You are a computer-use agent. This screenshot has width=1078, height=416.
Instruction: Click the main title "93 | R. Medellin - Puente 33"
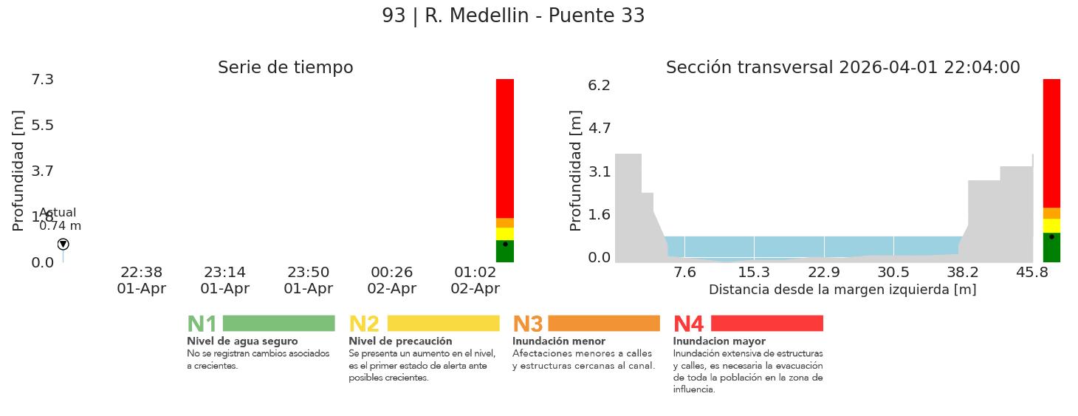coord(513,16)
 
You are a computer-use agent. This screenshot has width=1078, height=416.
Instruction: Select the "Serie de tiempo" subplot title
coord(285,68)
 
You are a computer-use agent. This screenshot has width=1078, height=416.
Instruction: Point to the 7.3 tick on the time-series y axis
coord(42,79)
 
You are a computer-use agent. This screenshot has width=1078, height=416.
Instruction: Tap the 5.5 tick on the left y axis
coord(42,125)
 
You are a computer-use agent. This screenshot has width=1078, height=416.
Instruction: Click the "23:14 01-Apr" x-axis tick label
coord(224,281)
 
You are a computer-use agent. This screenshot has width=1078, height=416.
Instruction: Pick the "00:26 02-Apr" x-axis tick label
coord(391,281)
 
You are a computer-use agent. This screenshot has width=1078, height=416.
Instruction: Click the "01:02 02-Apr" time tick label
coord(475,281)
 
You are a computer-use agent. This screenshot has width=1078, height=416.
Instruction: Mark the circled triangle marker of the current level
coord(63,244)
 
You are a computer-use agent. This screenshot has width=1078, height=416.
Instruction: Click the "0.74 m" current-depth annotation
coord(61,226)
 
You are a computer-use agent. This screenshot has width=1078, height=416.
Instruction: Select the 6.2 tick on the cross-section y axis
coord(599,85)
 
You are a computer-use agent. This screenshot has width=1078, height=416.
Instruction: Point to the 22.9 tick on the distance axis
coord(824,273)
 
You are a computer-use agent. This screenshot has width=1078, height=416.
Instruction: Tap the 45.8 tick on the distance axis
coord(1031,273)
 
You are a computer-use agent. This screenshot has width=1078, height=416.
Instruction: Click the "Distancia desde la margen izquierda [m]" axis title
coord(842,290)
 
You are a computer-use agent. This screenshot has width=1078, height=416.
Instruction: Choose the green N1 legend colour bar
coord(278,324)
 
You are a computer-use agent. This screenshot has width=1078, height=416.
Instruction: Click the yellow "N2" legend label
coord(363,324)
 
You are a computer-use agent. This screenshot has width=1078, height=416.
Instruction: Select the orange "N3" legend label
coord(527,324)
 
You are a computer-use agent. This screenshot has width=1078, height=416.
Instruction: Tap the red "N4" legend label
coord(688,324)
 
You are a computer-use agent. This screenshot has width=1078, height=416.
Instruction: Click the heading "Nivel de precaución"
coord(400,341)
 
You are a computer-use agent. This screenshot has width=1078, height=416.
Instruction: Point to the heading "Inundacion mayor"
coord(718,341)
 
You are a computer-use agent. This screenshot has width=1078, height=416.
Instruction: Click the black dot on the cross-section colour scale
coord(1051,236)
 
